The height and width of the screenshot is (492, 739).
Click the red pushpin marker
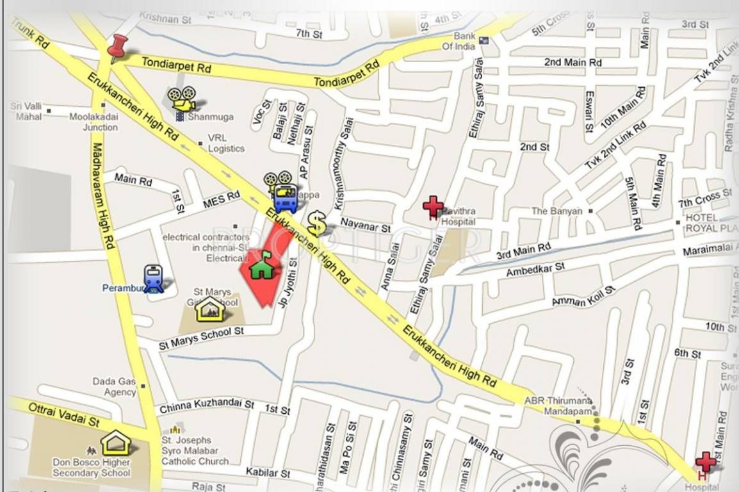[x=117, y=47]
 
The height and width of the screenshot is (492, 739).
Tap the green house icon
[x=261, y=265]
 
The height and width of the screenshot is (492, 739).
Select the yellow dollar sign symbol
[x=316, y=224]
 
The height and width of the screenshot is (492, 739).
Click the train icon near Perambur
[x=154, y=279]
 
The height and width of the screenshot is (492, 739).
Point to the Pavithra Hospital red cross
[x=433, y=207]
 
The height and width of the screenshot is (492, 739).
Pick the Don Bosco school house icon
[x=115, y=443]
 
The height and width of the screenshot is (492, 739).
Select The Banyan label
[x=557, y=211]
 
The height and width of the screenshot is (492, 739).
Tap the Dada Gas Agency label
[x=114, y=386]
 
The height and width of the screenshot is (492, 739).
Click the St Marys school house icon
[x=210, y=309]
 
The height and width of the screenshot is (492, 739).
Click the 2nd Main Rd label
[x=573, y=62]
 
